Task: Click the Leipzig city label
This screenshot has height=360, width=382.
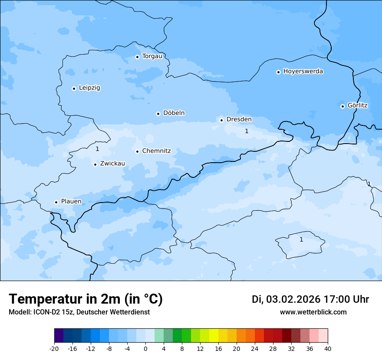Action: click(x=89, y=88)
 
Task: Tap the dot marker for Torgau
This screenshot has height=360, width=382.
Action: click(x=137, y=57)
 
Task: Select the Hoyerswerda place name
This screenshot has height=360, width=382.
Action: click(x=303, y=72)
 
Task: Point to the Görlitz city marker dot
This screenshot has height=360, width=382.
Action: click(x=342, y=106)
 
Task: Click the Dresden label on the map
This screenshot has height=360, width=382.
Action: click(x=239, y=120)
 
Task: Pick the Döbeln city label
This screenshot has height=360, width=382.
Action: click(x=174, y=113)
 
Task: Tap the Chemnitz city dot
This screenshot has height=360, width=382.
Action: click(x=137, y=151)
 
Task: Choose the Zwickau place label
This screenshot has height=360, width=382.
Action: click(x=112, y=164)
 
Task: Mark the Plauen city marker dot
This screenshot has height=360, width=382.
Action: click(x=56, y=202)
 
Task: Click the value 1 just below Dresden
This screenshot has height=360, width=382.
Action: click(x=247, y=131)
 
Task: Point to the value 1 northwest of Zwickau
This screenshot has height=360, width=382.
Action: click(x=97, y=149)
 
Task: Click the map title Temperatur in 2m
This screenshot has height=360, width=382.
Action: click(x=86, y=299)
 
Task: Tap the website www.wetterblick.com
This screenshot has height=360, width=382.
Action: click(x=313, y=312)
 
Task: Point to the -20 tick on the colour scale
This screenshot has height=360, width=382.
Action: click(x=54, y=348)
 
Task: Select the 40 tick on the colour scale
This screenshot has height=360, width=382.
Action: click(x=328, y=348)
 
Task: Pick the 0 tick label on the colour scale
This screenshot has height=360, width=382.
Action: click(x=145, y=348)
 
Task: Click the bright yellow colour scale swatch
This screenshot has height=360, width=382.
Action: click(x=214, y=336)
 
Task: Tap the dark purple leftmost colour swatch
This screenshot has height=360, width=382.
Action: click(x=59, y=336)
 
